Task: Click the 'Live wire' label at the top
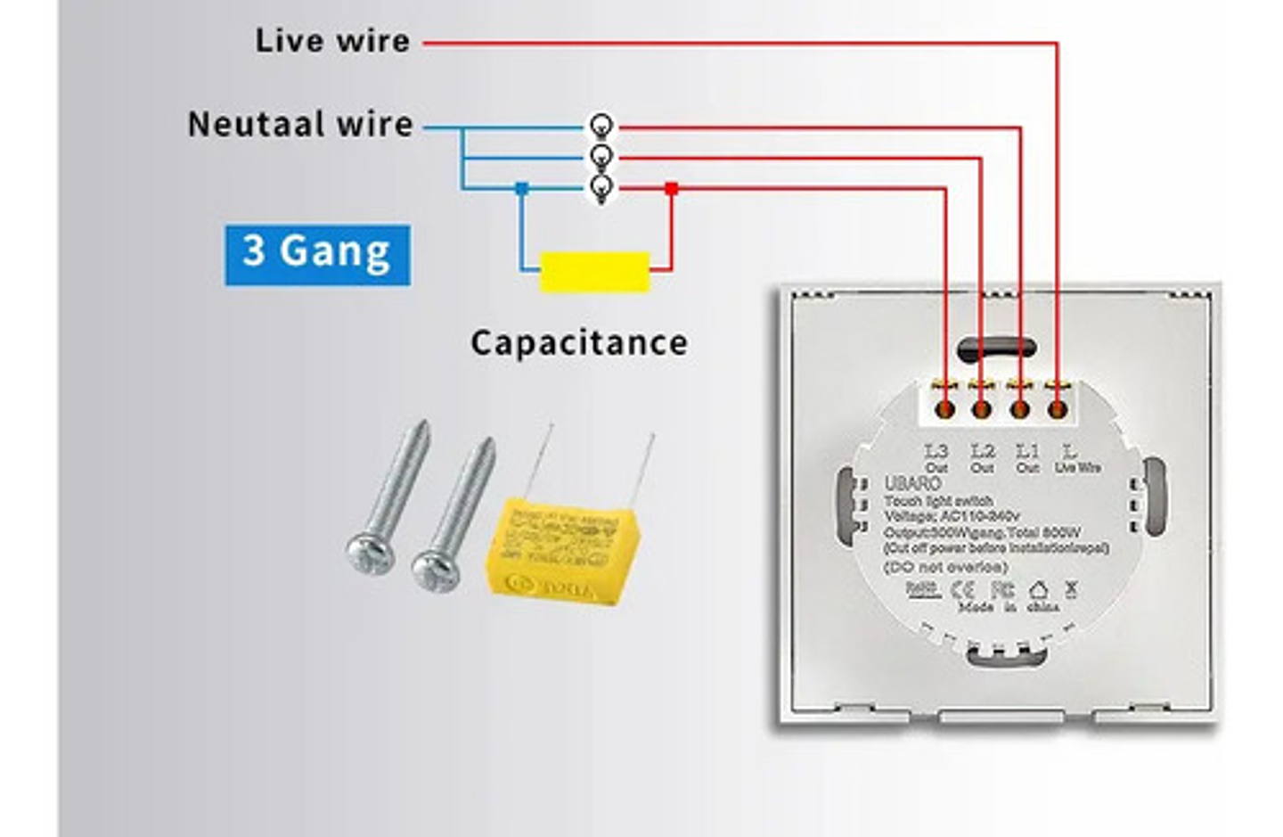tap(332, 41)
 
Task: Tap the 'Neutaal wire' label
tap(300, 125)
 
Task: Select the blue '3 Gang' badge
tap(317, 254)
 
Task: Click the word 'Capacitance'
tap(579, 343)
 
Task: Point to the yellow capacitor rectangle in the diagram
tap(594, 271)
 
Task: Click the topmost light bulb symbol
tap(601, 126)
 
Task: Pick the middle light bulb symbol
tap(601, 157)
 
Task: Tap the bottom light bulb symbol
tap(601, 188)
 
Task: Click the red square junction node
tap(672, 188)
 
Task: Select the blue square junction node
tap(522, 188)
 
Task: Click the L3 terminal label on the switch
tap(936, 451)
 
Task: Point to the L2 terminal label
tap(982, 451)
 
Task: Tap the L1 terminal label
tap(1027, 451)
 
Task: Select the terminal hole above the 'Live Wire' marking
tap(1058, 410)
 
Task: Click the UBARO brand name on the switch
tap(912, 483)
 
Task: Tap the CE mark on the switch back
tap(962, 589)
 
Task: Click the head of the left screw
tap(370, 554)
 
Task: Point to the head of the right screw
tap(435, 570)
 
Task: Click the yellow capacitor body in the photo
tap(563, 553)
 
